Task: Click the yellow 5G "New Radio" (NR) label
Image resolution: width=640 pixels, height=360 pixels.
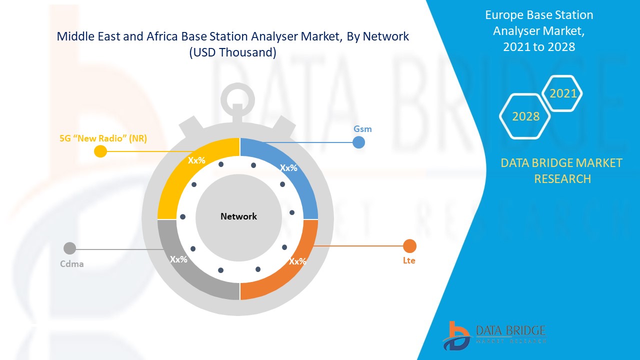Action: coord(103,138)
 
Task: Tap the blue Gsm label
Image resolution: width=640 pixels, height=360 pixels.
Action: coord(362,129)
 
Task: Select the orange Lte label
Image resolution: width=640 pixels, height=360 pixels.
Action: coord(409,260)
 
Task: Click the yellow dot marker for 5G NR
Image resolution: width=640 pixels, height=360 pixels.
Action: coord(100,151)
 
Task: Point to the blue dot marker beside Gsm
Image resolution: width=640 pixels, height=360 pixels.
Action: coord(358,142)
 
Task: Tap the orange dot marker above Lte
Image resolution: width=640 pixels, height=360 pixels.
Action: coord(409,246)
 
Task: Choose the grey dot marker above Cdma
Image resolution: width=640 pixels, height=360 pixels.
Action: coord(69,248)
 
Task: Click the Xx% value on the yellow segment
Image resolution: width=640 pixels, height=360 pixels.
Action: coord(196,160)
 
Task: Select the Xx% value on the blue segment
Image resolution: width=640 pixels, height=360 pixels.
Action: coord(288,168)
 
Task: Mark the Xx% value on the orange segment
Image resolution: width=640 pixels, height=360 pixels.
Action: coord(297,261)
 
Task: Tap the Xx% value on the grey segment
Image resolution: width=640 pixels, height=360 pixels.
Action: coord(178,259)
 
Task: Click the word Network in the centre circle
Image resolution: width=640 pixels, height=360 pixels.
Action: coord(238,216)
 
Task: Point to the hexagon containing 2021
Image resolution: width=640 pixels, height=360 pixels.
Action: coord(563,93)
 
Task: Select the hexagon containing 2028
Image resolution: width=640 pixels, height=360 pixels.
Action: coord(525,116)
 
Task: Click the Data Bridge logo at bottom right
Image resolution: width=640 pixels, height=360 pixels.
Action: coord(494,335)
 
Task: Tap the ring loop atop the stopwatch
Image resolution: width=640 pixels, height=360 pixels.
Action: coord(238,98)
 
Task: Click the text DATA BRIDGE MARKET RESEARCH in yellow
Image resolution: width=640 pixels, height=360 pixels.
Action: coord(562,170)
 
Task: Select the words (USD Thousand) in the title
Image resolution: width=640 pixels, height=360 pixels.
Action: coord(232,52)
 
